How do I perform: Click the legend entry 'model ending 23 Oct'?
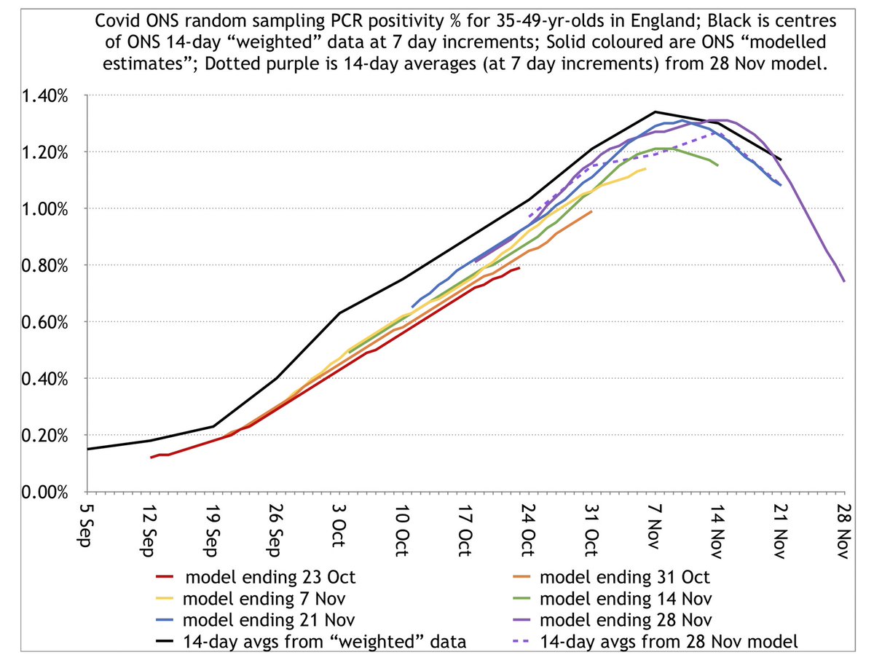coord(270,578)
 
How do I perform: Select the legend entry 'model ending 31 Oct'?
coord(624,578)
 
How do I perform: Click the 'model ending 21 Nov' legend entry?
coord(269,621)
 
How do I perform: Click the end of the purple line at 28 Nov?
coord(843,280)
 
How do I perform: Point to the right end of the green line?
coord(717,165)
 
